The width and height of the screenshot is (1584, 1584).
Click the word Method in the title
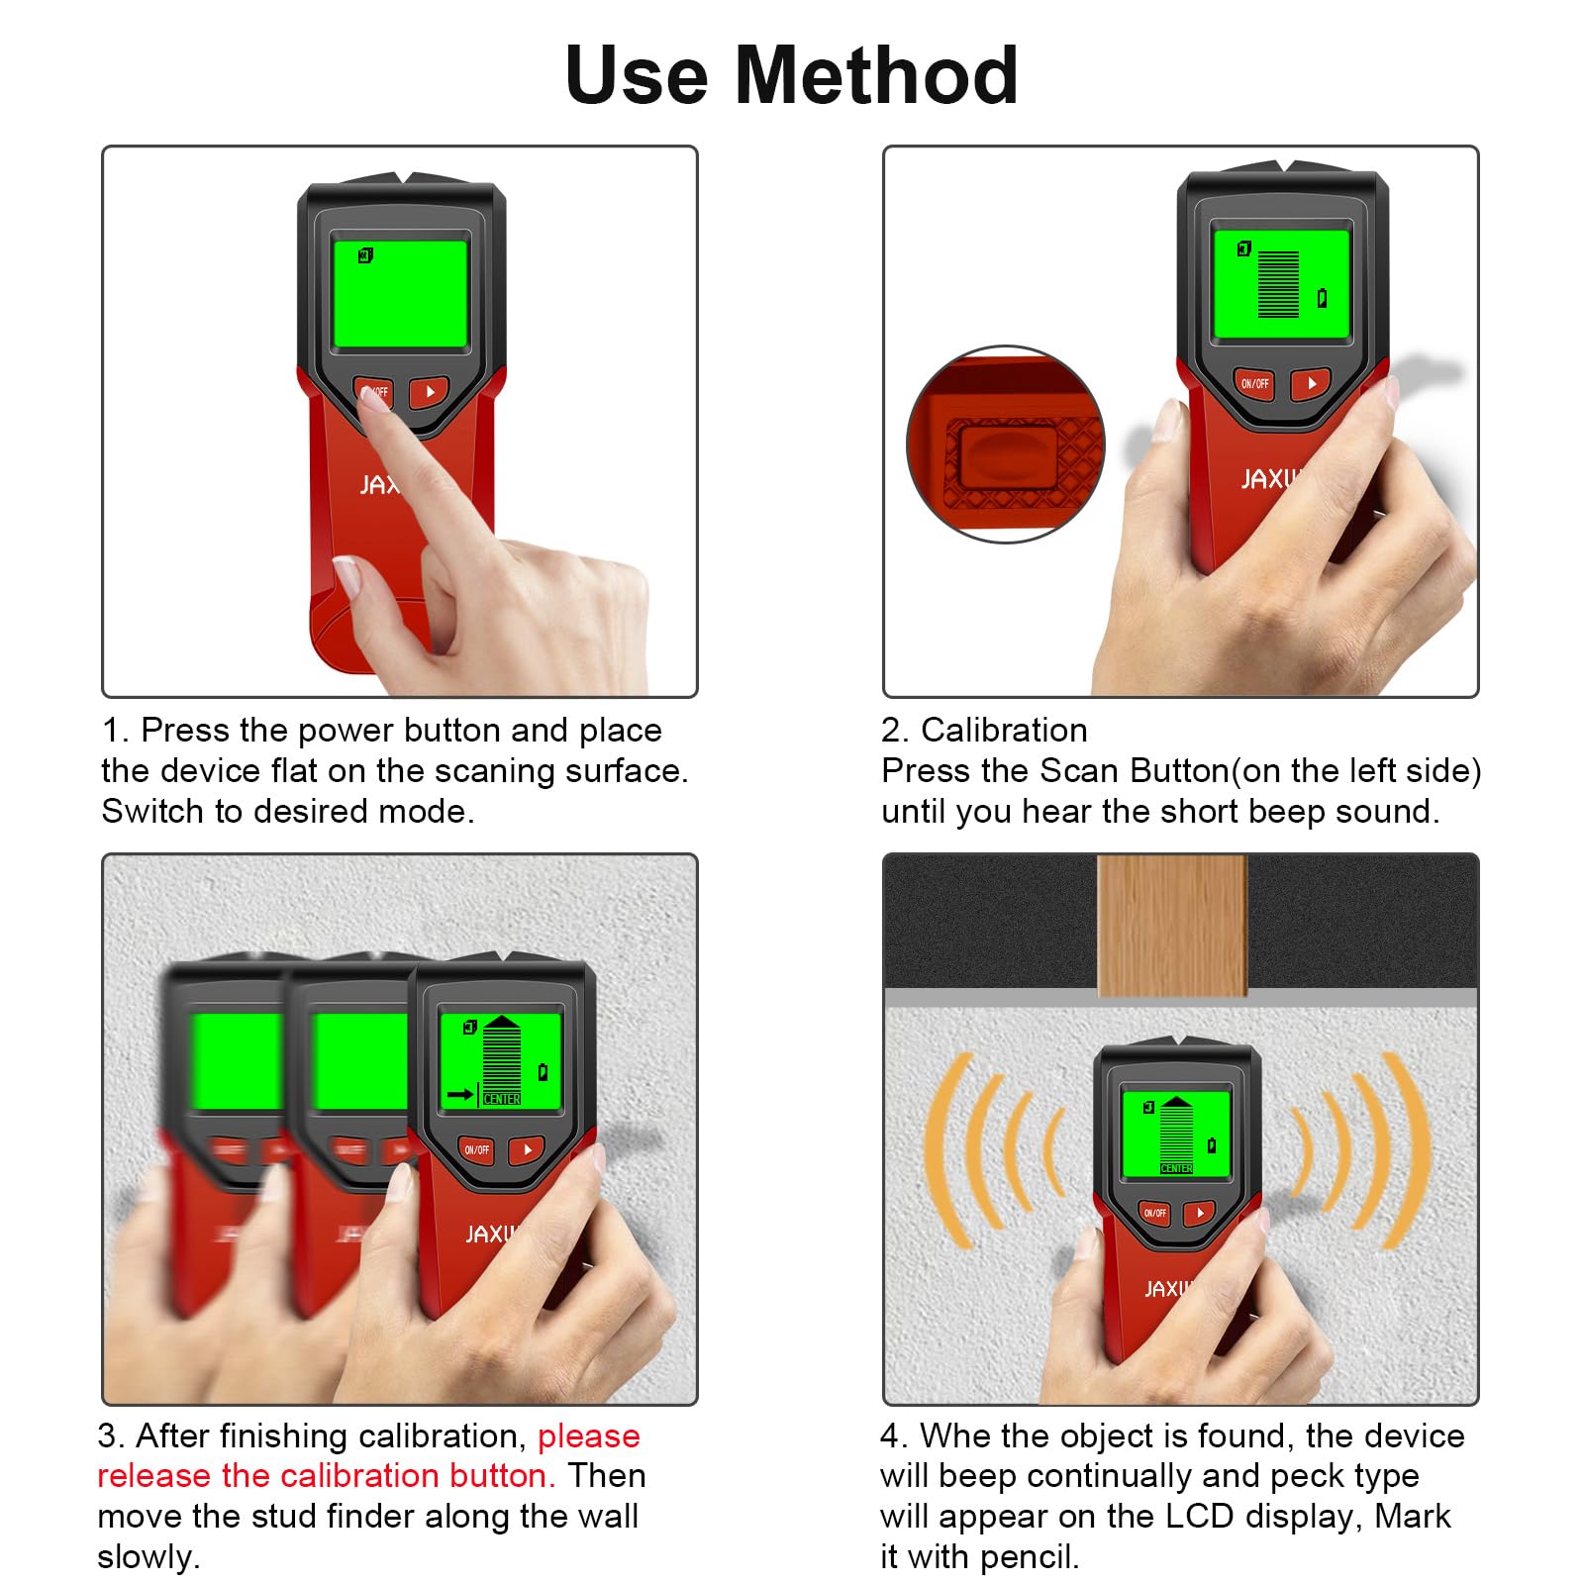pyautogui.click(x=876, y=75)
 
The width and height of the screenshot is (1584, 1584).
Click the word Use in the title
pyautogui.click(x=637, y=75)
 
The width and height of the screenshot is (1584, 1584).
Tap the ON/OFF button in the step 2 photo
pyautogui.click(x=1254, y=383)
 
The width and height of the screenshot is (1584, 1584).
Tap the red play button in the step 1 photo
pyautogui.click(x=430, y=392)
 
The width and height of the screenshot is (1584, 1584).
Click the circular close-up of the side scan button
pyautogui.click(x=1006, y=445)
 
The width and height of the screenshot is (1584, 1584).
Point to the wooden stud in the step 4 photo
pyautogui.click(x=1172, y=926)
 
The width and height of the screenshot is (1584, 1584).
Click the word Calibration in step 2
pyautogui.click(x=1004, y=731)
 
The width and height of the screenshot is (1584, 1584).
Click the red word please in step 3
pyautogui.click(x=589, y=1436)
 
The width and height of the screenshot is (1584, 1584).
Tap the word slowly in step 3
pyautogui.click(x=148, y=1557)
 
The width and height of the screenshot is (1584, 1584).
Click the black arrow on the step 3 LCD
pyautogui.click(x=460, y=1094)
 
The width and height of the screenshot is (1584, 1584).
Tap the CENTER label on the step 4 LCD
pyautogui.click(x=1176, y=1169)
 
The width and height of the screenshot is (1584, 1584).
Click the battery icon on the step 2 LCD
pyautogui.click(x=1322, y=297)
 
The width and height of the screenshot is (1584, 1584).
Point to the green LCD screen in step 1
pyautogui.click(x=400, y=294)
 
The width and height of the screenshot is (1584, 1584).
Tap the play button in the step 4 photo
pyautogui.click(x=1200, y=1213)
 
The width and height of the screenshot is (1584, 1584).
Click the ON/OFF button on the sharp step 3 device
pyautogui.click(x=476, y=1150)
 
